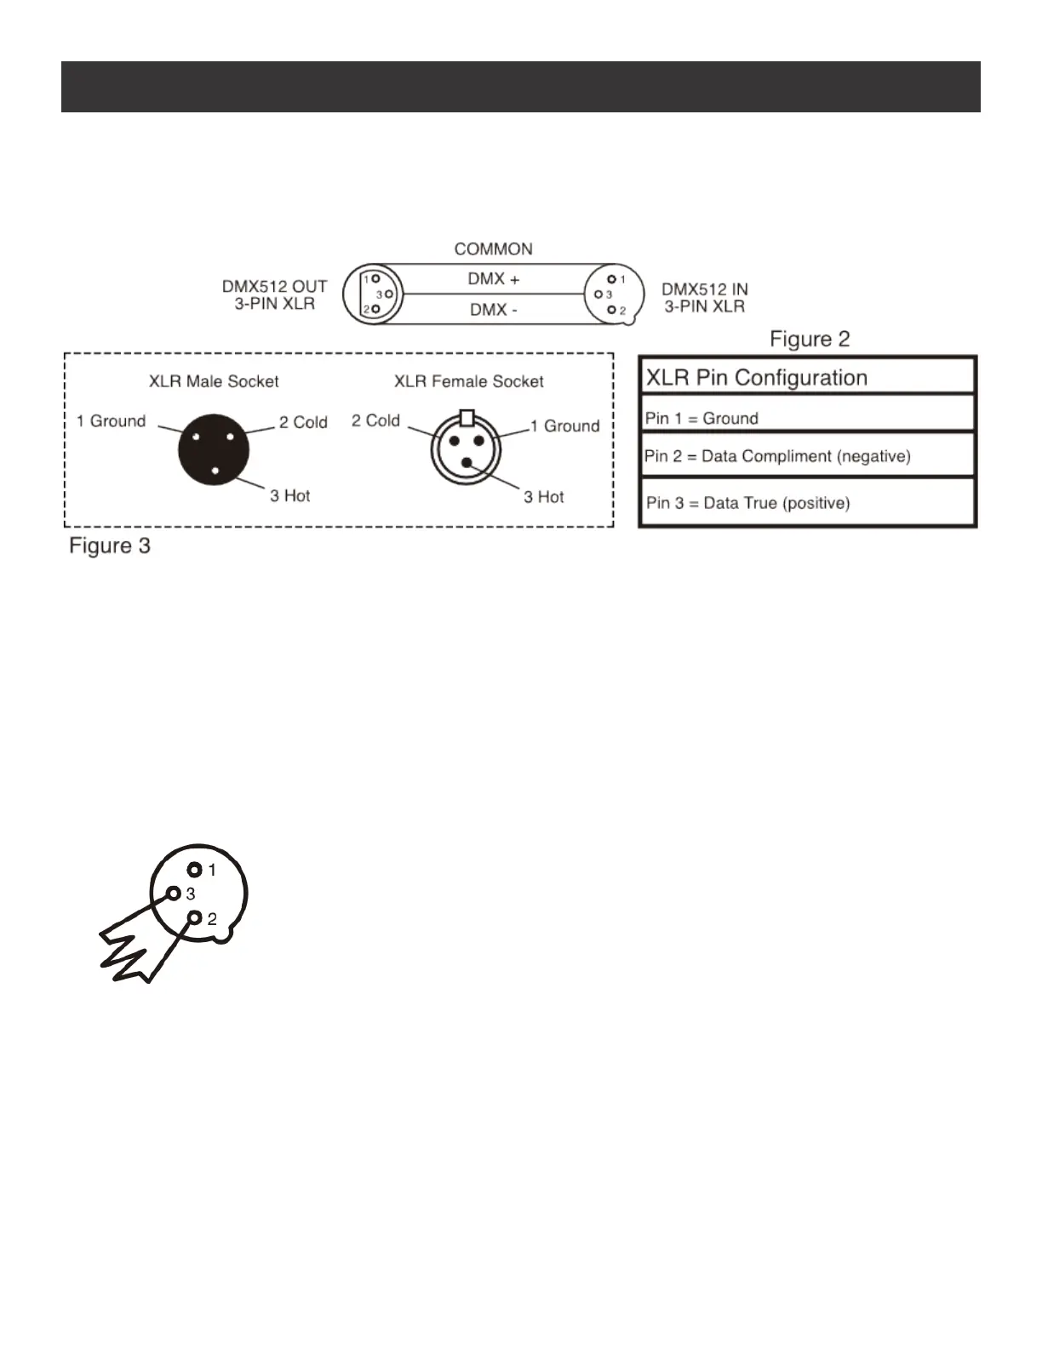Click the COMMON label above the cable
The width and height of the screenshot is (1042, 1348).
coord(493,249)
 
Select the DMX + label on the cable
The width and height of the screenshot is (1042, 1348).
coord(493,279)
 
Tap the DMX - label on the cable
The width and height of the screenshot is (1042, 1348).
coord(493,310)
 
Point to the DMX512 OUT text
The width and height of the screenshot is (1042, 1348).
coord(274,288)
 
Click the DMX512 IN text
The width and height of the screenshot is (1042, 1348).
coord(705,290)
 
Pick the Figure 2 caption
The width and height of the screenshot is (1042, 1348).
coord(810,339)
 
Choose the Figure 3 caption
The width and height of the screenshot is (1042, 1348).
coord(110,545)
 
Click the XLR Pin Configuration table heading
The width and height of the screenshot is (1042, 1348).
coord(757,378)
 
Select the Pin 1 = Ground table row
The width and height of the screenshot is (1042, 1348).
coord(701,418)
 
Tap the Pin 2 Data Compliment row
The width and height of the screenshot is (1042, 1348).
coord(777,456)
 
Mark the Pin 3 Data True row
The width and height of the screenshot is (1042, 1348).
coord(747,503)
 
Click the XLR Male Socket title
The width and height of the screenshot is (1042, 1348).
coord(214,381)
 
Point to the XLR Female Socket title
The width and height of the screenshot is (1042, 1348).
coord(468,381)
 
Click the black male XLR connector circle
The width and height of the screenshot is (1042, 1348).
coord(213,449)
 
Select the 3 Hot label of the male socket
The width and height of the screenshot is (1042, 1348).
coord(289,495)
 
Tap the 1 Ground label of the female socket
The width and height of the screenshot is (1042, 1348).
coord(564,426)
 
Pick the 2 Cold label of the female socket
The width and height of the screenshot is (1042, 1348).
coord(375,420)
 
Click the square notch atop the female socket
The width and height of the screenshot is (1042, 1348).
coord(466,417)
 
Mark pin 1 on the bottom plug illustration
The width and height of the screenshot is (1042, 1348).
coord(195,870)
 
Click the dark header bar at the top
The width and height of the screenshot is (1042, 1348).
coord(520,87)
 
